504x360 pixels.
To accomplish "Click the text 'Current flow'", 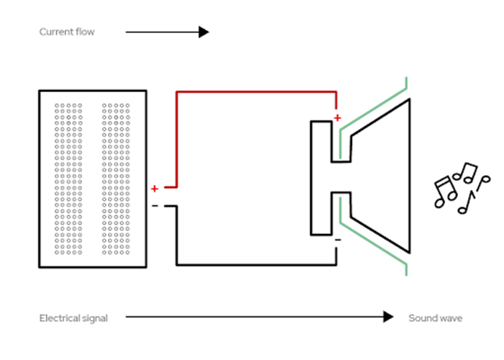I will coord(67,32).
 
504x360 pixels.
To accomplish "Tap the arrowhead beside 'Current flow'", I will coord(204,32).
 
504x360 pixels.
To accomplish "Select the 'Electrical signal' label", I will coord(73,318).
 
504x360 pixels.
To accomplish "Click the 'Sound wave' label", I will coord(436,318).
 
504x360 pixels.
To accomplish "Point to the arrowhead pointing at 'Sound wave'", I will coord(389,317).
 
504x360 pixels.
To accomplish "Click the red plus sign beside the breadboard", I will coord(155,189).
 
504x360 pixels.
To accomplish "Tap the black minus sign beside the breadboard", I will coord(155,207).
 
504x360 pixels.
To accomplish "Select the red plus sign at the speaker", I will coord(338,117).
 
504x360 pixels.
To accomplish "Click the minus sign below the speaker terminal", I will coord(338,240).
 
